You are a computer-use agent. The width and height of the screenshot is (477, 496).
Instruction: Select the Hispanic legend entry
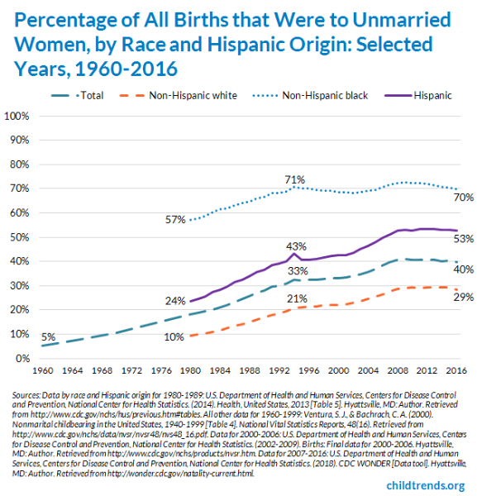coord(432,96)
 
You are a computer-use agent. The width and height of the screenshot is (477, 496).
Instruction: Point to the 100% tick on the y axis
coord(17,116)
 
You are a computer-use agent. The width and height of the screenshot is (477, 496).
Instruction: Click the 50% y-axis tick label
coord(19,237)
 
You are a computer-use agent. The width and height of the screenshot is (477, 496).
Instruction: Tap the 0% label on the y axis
coord(22,359)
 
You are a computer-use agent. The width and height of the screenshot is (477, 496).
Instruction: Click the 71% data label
coord(295,179)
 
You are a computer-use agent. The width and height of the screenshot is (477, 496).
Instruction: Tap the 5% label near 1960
coord(49,336)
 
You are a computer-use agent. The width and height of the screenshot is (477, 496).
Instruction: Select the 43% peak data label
coord(295,246)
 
